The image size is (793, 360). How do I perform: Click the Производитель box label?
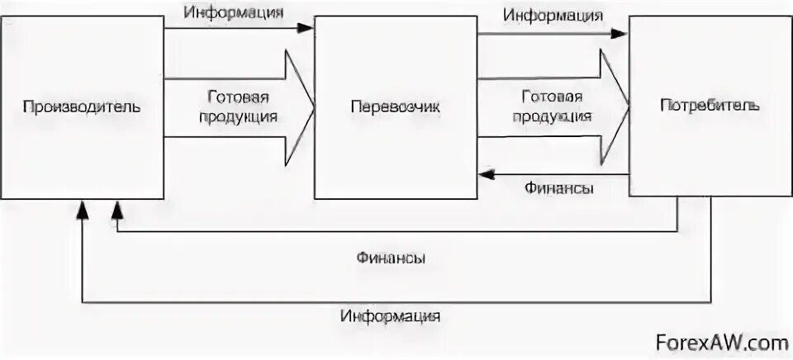click(x=82, y=107)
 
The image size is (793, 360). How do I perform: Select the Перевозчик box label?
click(x=396, y=107)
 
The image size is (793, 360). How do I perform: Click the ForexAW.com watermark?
click(x=721, y=342)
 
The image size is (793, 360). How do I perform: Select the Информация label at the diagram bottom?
click(x=390, y=315)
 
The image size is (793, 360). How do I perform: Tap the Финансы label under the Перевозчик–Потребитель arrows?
click(x=558, y=188)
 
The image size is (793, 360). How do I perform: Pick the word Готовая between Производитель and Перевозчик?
click(x=238, y=97)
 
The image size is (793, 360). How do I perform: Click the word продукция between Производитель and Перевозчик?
click(x=238, y=116)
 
